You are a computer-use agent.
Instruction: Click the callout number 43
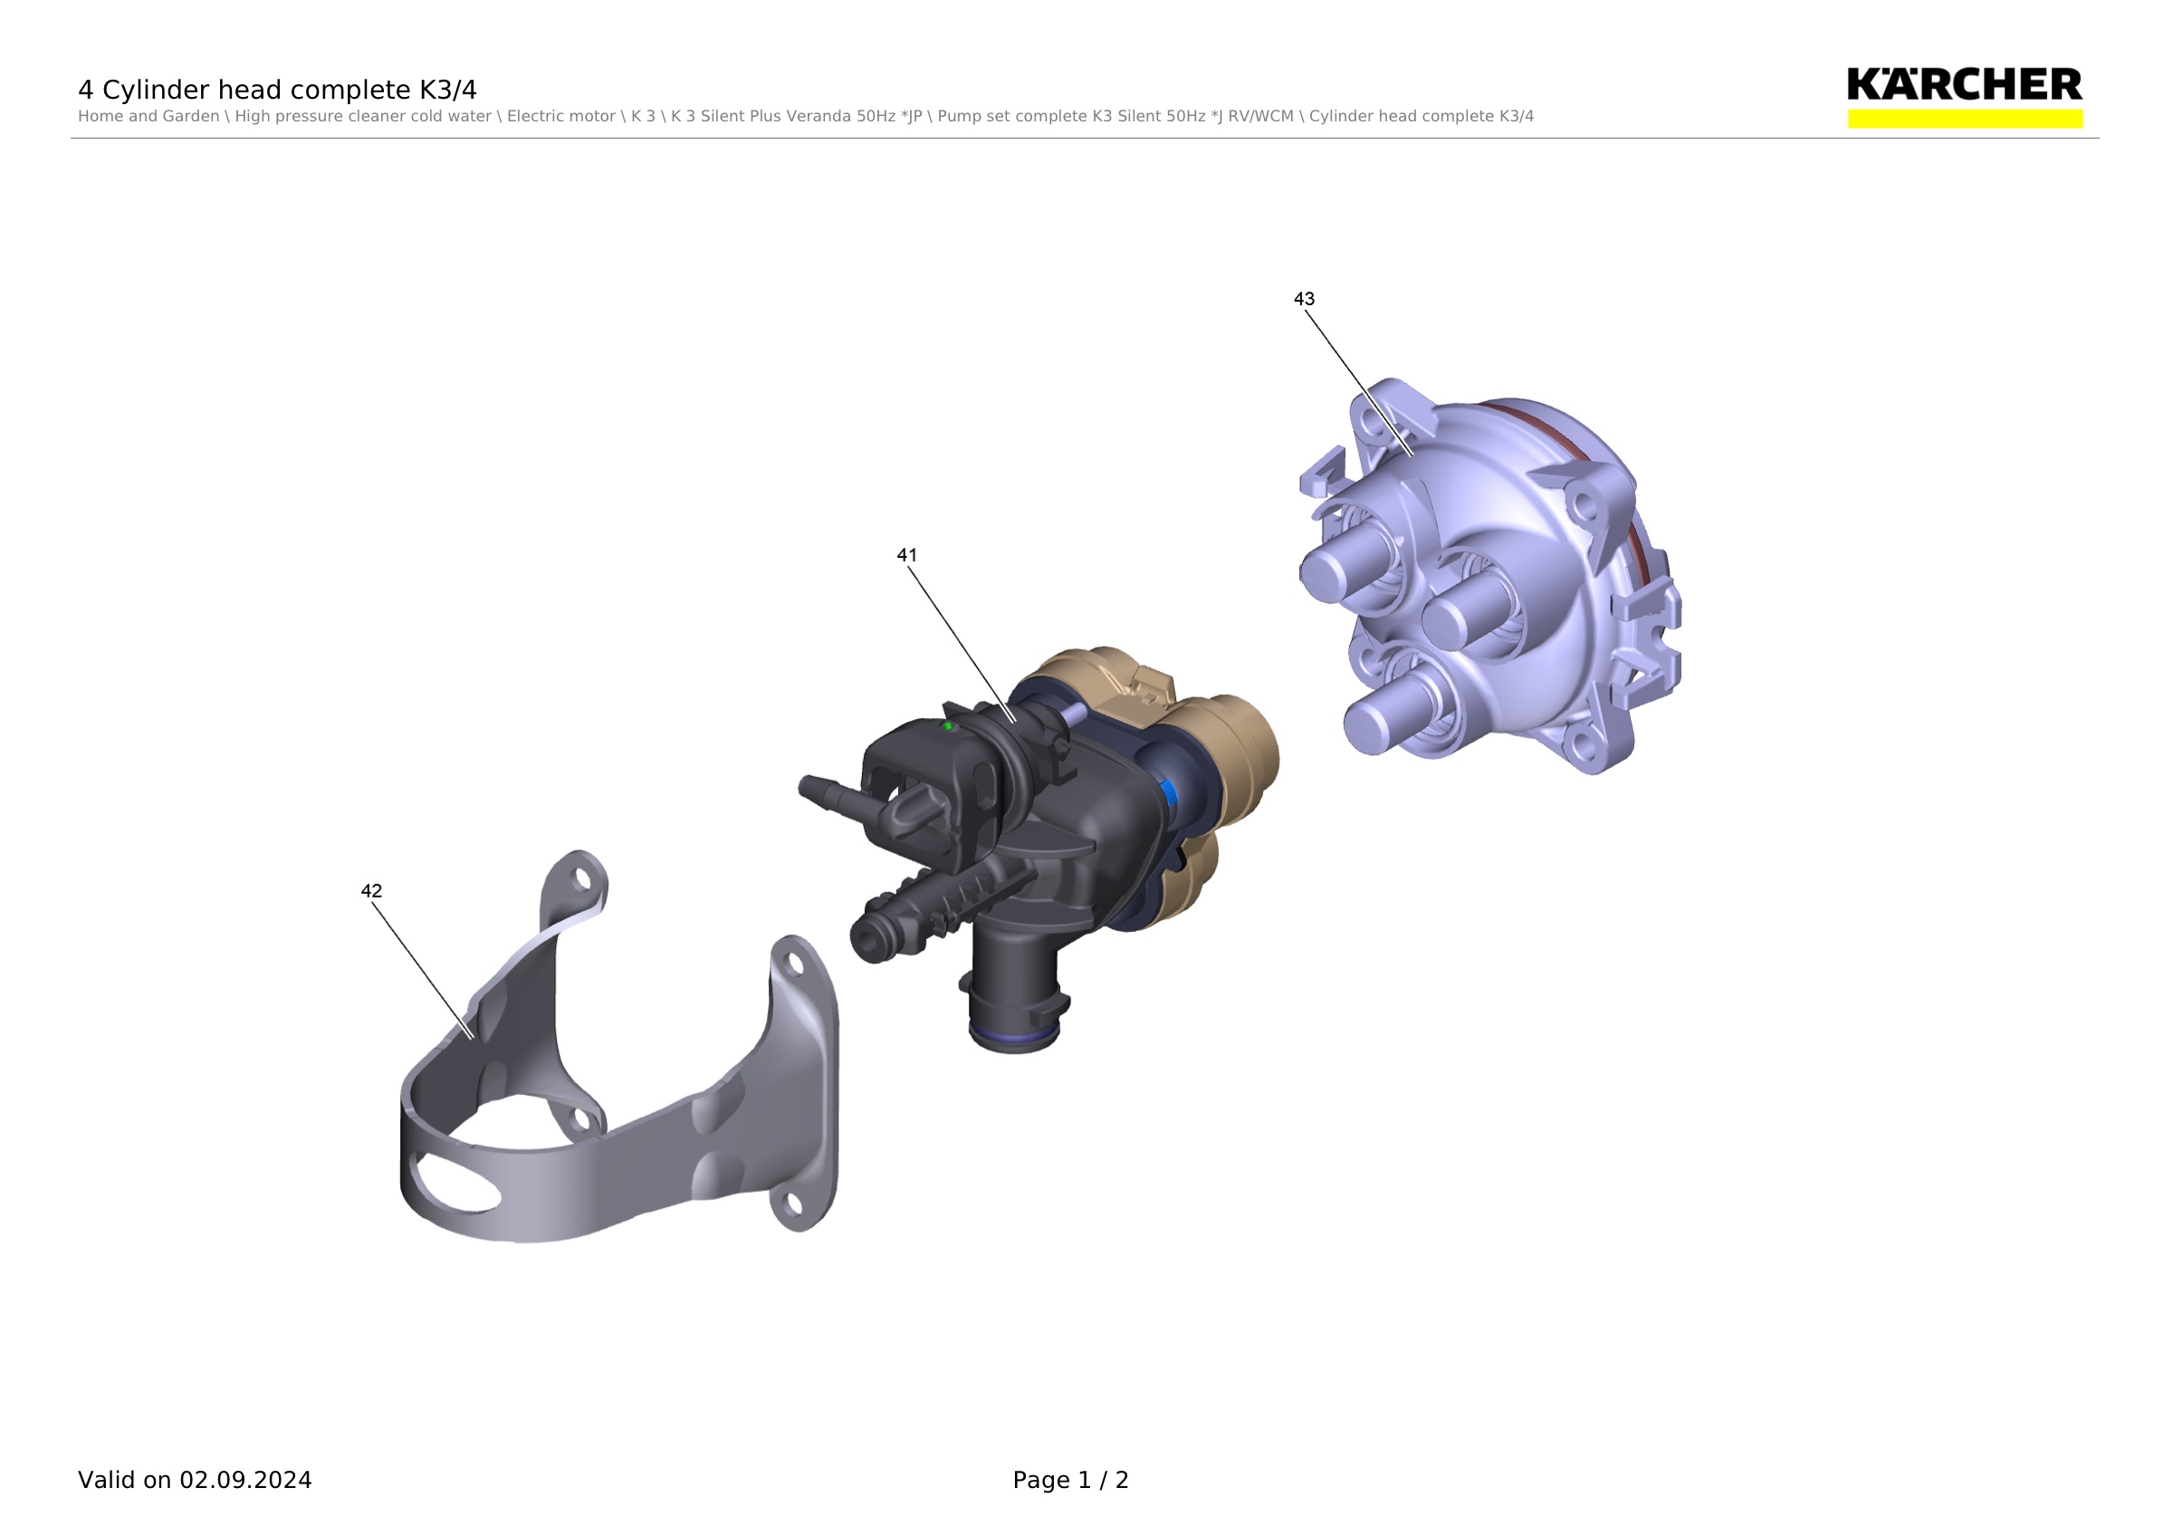[x=1303, y=299]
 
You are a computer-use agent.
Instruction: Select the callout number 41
[x=906, y=555]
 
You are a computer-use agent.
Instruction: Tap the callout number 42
[x=371, y=891]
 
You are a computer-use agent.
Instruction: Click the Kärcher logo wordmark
[x=1965, y=85]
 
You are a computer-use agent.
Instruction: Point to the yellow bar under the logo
[x=1965, y=119]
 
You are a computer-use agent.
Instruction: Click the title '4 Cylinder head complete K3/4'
[x=277, y=90]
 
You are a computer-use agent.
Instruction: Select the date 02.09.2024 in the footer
[x=246, y=1480]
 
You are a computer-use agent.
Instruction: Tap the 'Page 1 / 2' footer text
[x=1070, y=1480]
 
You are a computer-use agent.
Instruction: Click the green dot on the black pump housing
[x=947, y=727]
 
